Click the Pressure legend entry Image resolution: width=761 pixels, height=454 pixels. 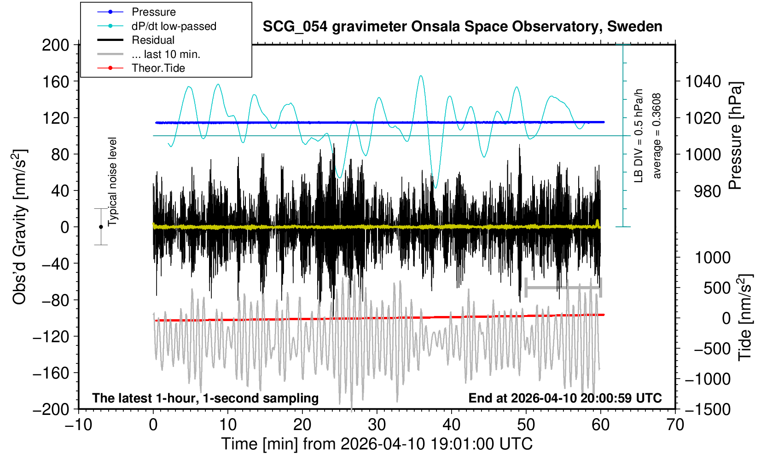[x=153, y=12]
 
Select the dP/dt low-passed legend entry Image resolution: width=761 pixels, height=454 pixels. [x=174, y=26]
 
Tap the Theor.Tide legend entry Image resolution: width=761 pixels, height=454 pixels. [x=158, y=68]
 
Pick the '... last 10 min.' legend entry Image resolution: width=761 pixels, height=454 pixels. [x=166, y=54]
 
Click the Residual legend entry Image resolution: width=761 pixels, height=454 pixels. [x=153, y=40]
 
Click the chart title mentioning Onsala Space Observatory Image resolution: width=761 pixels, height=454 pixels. [x=462, y=27]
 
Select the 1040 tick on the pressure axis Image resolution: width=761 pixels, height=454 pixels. [x=703, y=82]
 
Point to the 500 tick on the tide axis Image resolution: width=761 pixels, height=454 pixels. [x=717, y=288]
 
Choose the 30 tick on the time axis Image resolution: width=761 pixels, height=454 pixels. [x=377, y=424]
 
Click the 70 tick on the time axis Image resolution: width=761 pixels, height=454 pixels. [x=675, y=424]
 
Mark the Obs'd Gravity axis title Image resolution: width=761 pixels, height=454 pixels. [x=19, y=227]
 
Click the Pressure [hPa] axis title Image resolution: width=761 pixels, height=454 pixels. [x=736, y=136]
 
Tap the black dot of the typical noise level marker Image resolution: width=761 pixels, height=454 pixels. [x=101, y=227]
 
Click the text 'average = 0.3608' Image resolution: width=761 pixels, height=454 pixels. [x=657, y=136]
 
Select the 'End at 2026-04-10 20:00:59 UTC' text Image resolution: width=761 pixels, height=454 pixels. [x=565, y=398]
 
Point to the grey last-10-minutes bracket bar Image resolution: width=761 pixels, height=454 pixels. [x=563, y=288]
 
